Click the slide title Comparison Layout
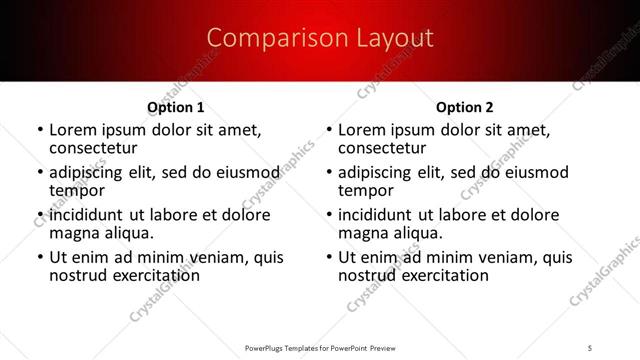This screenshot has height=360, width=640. click(x=319, y=39)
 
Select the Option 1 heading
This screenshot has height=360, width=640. click(x=176, y=107)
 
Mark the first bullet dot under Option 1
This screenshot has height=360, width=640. click(x=40, y=131)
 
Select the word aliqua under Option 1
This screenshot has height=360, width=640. click(x=126, y=233)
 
